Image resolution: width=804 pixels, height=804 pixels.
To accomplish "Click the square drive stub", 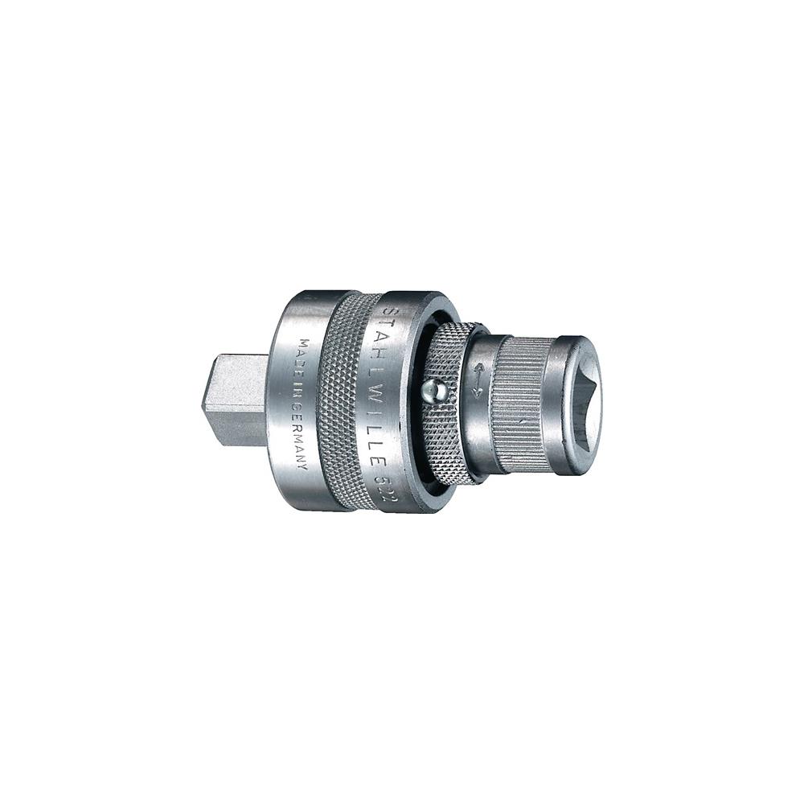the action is (x=233, y=401).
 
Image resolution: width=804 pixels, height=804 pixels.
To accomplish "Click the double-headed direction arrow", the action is (x=477, y=380).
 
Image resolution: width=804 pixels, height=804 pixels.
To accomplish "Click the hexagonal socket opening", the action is (x=584, y=400).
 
